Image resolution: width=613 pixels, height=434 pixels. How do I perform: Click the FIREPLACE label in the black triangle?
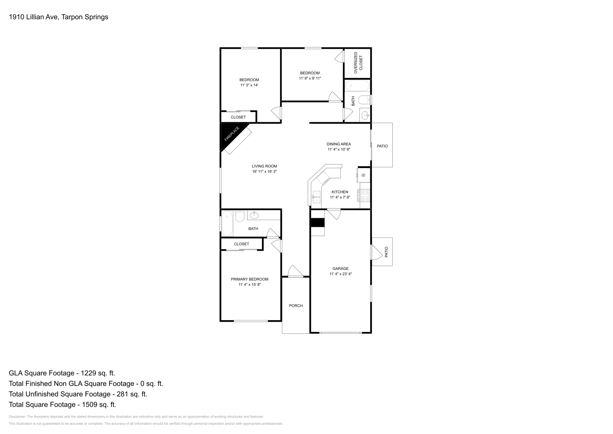[232, 134]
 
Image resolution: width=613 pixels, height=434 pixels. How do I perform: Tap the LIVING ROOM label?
[264, 166]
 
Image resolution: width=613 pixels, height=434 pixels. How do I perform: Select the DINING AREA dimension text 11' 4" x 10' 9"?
[339, 150]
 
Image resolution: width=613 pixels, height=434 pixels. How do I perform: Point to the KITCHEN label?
[340, 192]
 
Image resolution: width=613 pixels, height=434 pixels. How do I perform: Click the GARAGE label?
[341, 269]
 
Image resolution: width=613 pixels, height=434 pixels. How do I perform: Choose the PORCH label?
[296, 306]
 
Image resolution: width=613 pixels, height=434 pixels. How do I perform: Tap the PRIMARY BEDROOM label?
[249, 279]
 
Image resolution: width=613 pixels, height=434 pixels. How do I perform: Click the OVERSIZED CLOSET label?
[358, 63]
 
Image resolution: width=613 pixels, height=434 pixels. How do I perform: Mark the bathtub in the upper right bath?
[357, 86]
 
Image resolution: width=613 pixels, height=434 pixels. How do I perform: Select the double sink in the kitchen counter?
[316, 197]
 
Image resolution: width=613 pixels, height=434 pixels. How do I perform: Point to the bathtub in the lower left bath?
[227, 223]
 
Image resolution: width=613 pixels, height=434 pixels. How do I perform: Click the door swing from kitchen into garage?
[334, 214]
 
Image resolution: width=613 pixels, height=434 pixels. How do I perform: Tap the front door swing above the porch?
[295, 271]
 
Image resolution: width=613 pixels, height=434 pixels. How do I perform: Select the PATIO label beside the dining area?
[382, 146]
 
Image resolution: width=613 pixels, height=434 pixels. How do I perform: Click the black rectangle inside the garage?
[318, 223]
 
